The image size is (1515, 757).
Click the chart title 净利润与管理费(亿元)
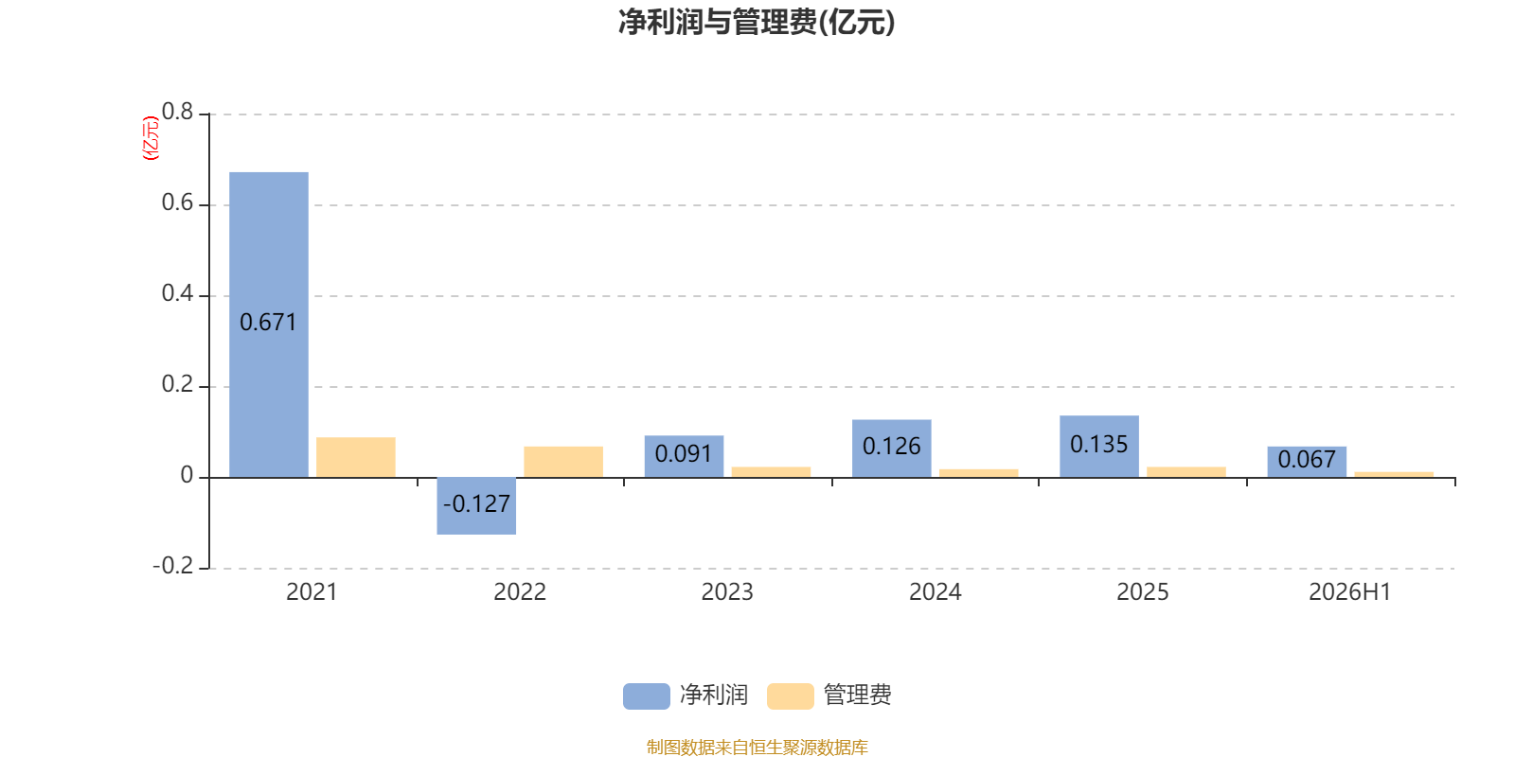757,23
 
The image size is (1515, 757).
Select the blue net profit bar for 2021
269,325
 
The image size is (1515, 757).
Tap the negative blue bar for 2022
476,505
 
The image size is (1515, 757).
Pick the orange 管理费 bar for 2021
356,458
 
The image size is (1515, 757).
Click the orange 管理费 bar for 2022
563,462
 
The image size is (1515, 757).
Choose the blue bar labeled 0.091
684,456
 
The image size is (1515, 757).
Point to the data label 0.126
891,446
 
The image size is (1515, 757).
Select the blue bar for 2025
1099,447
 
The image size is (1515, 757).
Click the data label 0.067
1307,460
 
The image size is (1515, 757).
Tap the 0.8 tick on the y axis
177,112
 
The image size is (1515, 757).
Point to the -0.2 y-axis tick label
173,566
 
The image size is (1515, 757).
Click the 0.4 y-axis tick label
177,293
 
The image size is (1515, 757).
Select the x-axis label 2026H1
1350,592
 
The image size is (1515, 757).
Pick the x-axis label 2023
727,592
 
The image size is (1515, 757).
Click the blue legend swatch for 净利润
647,696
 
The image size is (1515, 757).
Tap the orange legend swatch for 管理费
790,696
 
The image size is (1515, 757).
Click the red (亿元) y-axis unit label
151,138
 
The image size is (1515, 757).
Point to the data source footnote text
757,747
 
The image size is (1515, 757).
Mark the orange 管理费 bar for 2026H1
1394,474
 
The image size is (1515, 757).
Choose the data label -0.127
476,504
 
